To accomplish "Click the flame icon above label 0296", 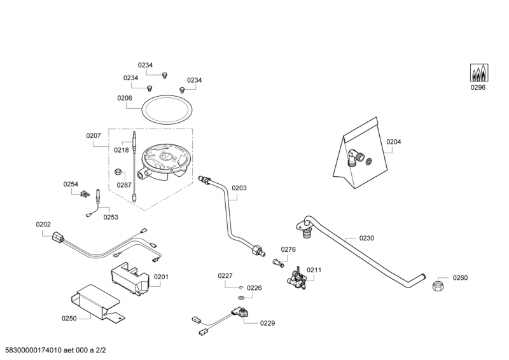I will [x=477, y=73].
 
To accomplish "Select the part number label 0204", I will [x=394, y=142].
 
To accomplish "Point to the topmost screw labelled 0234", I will [x=164, y=76].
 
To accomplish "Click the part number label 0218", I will [x=121, y=149].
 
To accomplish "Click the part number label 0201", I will [x=161, y=277].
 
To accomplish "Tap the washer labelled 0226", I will [x=241, y=298].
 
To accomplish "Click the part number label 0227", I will [x=225, y=276].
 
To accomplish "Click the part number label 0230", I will [x=366, y=238].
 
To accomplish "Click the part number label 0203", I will [x=239, y=188].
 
